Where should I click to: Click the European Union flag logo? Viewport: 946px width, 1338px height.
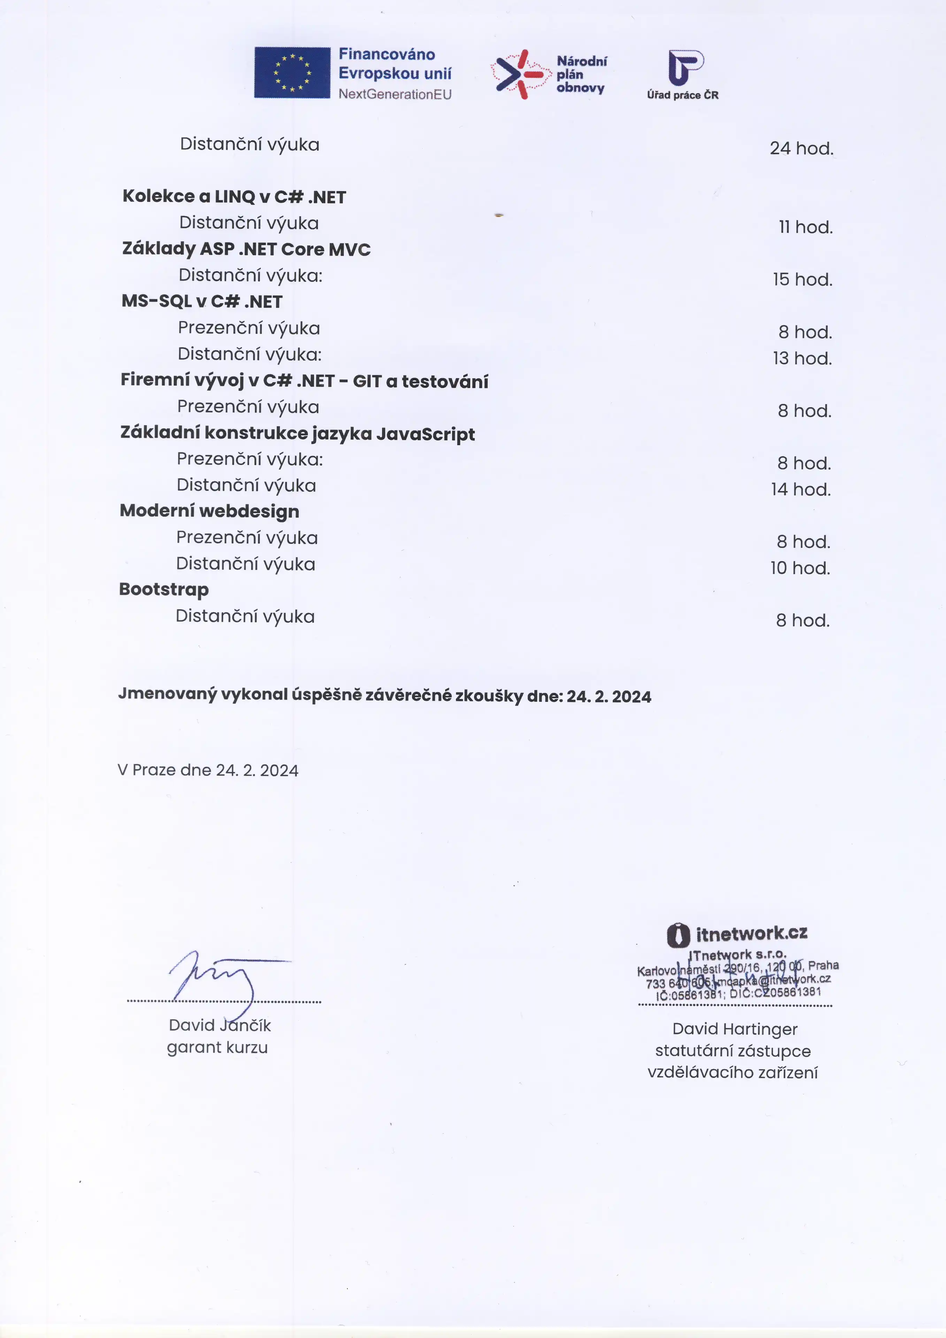[292, 73]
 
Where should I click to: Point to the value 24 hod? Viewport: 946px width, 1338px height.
[801, 148]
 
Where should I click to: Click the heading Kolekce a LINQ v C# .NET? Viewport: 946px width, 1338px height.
[234, 197]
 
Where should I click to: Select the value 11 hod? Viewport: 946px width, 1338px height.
[806, 227]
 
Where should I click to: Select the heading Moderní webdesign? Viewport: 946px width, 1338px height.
[209, 511]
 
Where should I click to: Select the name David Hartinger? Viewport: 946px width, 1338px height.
[735, 1029]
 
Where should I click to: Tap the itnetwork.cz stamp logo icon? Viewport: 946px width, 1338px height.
[678, 935]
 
